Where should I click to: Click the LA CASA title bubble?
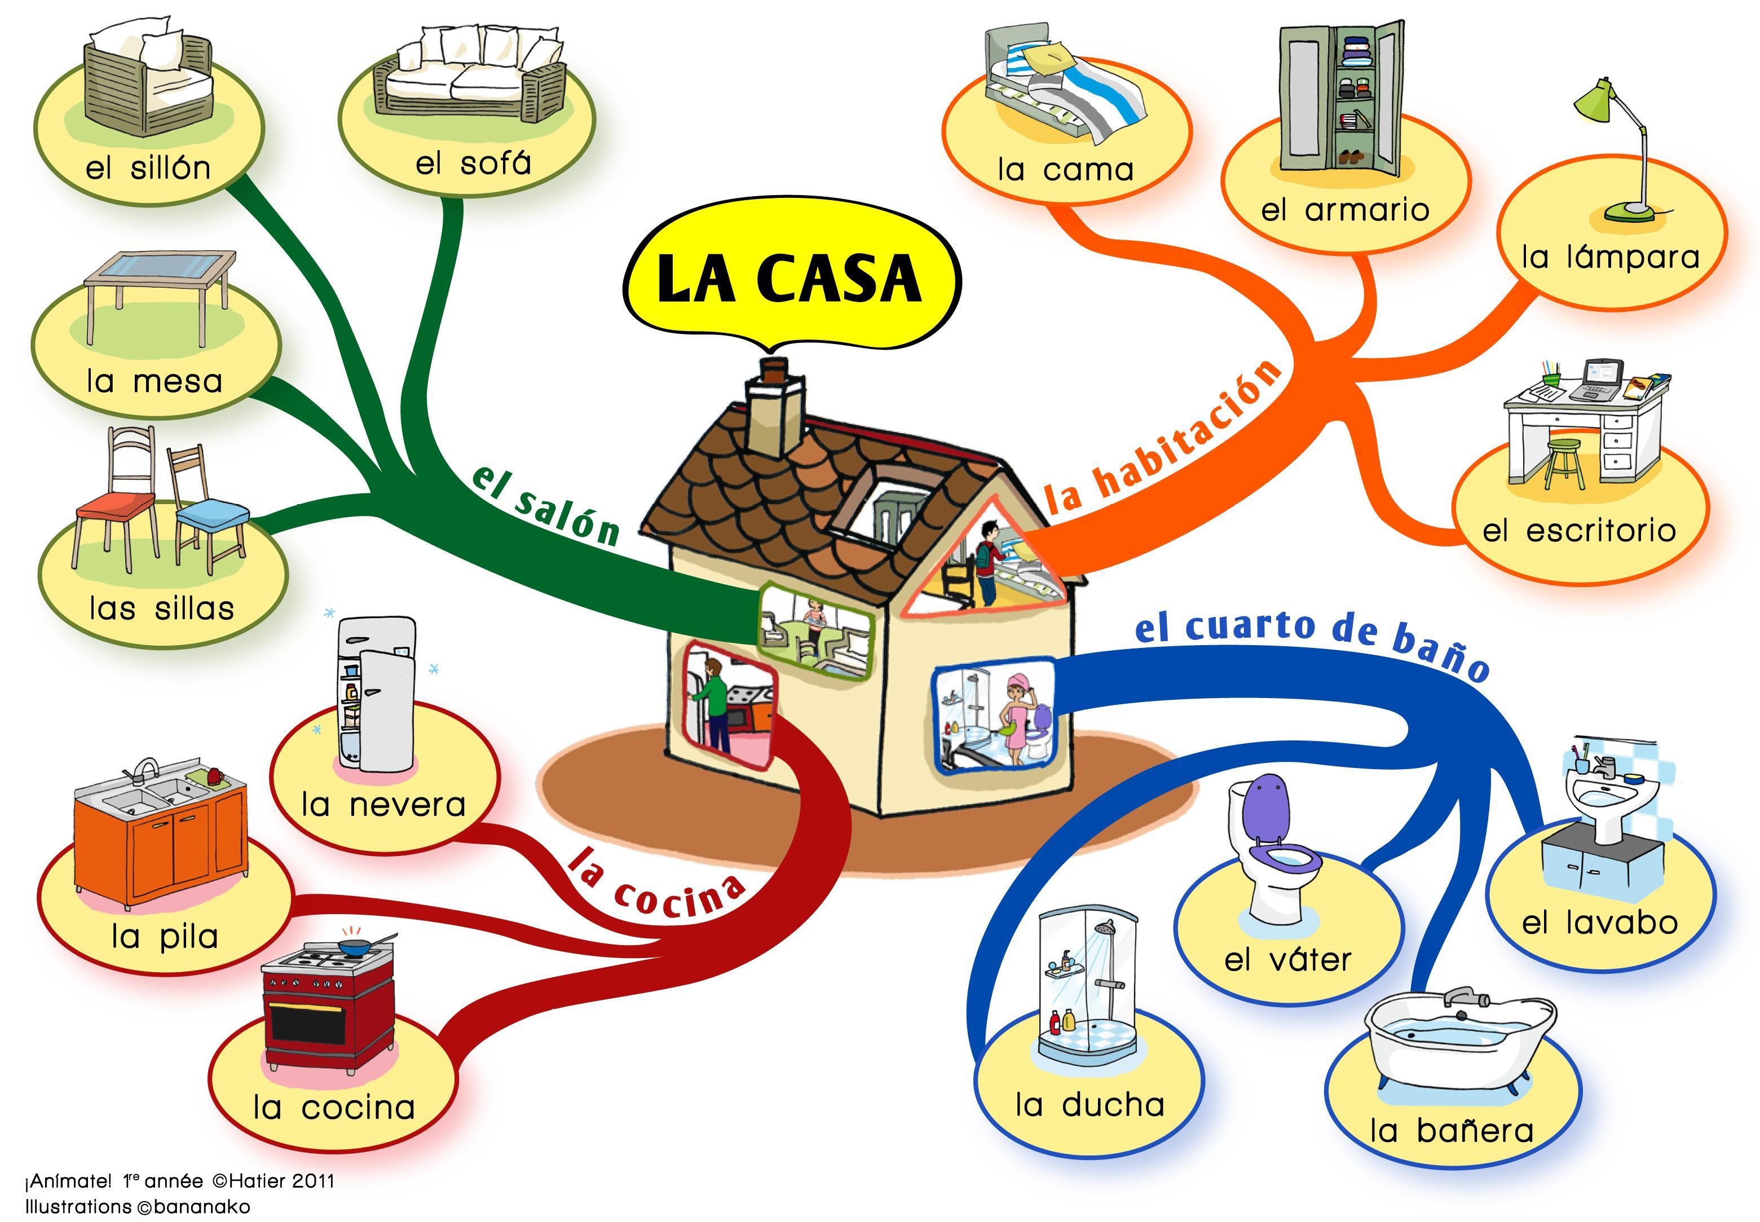[x=791, y=280]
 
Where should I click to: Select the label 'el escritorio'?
[x=1578, y=531]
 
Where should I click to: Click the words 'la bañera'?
[x=1452, y=1131]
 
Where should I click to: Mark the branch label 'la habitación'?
[x=1163, y=436]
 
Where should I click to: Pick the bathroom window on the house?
[x=994, y=717]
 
